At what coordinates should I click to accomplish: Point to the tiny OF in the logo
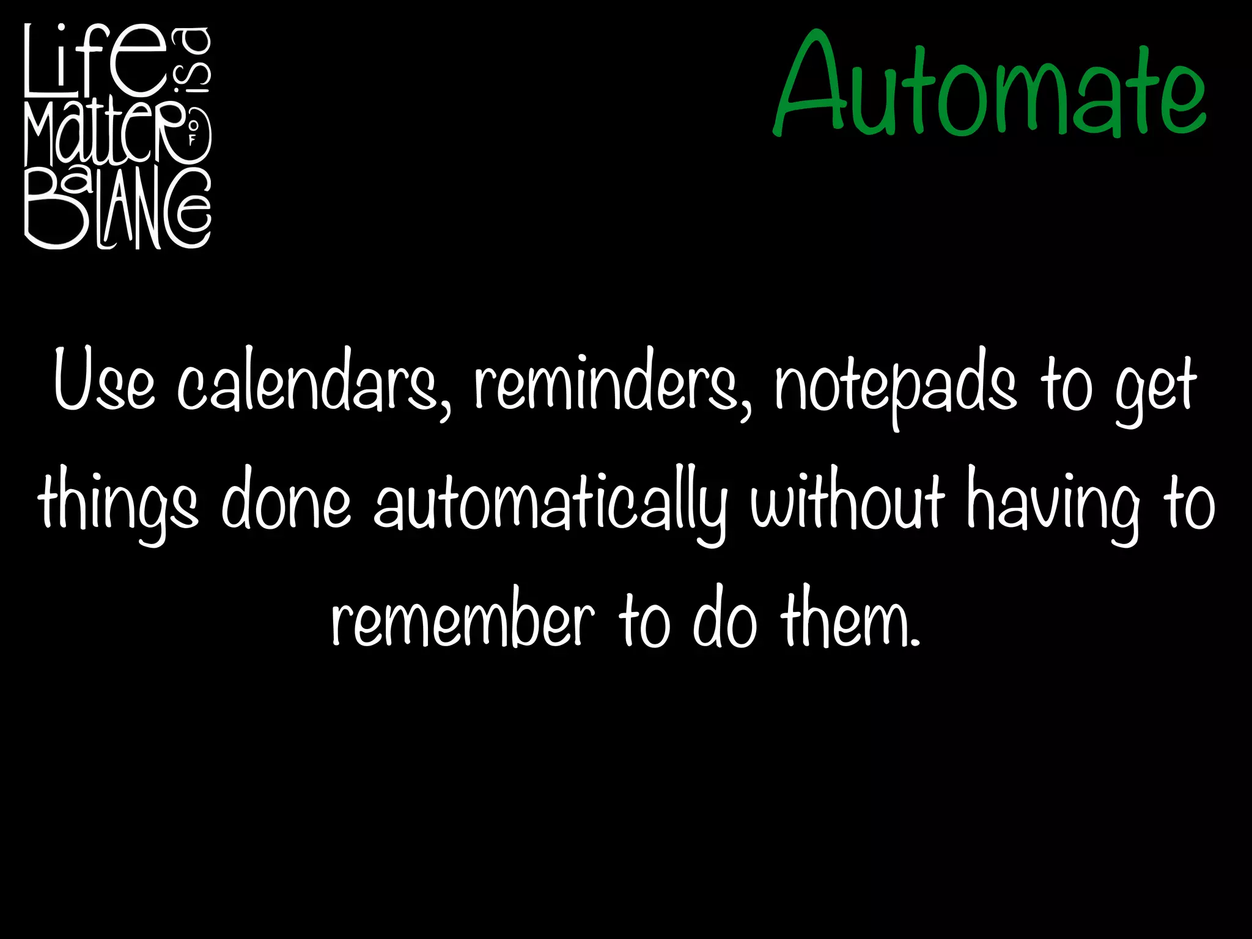192,134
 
